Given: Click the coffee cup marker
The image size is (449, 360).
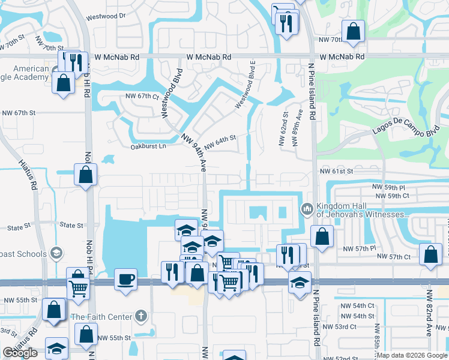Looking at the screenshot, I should tap(125, 279).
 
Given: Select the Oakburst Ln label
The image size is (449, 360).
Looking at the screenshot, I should tap(148, 146).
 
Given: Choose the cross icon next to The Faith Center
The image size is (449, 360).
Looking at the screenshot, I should tap(140, 316).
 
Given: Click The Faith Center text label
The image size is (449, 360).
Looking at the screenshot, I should tap(101, 317).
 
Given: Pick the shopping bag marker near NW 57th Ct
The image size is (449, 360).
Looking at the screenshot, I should tap(430, 254).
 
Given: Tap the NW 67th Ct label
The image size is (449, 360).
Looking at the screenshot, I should tap(142, 96).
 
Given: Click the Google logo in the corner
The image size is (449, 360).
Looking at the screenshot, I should tap(20, 353).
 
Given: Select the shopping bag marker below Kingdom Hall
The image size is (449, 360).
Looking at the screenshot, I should tap(322, 237).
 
